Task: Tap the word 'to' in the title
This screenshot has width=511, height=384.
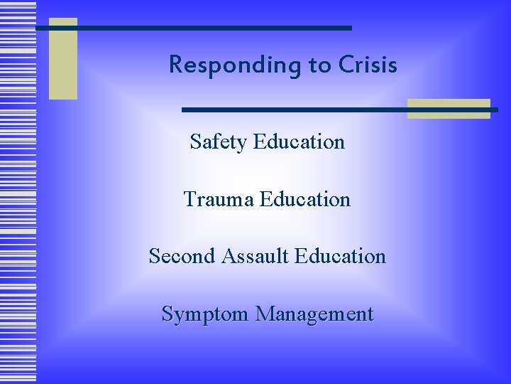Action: click(x=319, y=66)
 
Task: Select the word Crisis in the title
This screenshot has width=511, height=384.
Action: click(x=368, y=65)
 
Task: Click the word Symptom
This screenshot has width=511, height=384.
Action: click(x=200, y=314)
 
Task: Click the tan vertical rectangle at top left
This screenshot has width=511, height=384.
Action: click(x=62, y=59)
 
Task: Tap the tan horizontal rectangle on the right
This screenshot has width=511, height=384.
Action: click(x=449, y=109)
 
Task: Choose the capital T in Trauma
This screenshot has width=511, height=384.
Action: click(x=189, y=199)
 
